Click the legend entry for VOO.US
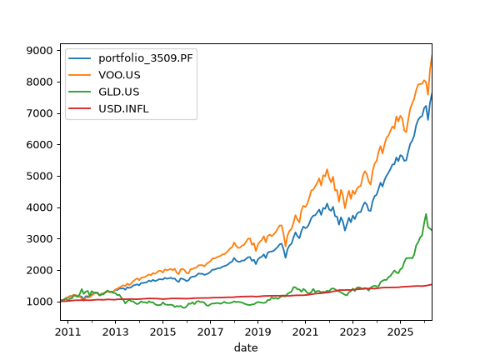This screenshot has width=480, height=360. coord(119,75)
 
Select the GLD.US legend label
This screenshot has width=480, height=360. coord(119,92)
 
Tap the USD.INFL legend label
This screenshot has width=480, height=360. coord(123,108)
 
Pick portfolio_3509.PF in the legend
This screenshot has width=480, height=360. coord(146,58)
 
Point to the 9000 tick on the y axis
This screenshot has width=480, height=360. coord(39,51)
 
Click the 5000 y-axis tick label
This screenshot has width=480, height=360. coord(39,177)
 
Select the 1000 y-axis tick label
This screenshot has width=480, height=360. coord(39,302)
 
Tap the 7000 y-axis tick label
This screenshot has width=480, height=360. coord(39,113)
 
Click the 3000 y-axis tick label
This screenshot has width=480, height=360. coord(39,239)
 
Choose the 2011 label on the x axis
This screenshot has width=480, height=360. coord(68,332)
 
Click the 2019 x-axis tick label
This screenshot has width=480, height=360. coord(257,332)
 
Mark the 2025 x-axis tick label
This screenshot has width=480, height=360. coord(400,332)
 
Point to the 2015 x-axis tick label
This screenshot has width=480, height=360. coord(162,332)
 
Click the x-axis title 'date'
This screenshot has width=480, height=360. coord(246,347)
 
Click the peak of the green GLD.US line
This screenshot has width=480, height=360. coord(426,214)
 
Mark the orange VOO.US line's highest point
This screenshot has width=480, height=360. coord(432,56)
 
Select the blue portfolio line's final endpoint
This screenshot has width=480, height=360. coord(432,94)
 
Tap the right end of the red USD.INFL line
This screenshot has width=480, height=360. coord(432,285)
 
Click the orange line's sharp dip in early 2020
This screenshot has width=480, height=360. coord(286,246)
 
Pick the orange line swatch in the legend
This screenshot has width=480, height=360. coord(80,75)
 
